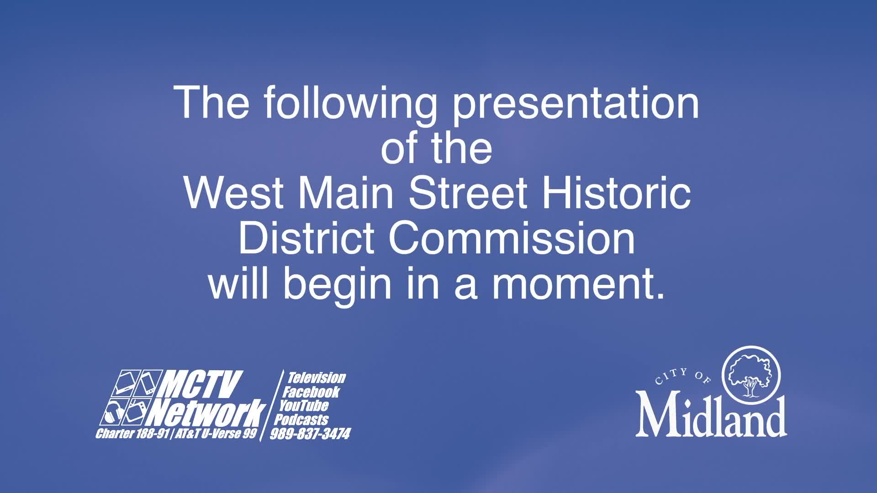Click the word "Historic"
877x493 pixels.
tap(617, 192)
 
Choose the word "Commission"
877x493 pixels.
tap(512, 238)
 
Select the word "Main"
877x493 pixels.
tap(346, 193)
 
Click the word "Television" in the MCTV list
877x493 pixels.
tap(317, 378)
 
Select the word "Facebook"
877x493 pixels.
tap(311, 392)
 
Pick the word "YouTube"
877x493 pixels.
tap(304, 405)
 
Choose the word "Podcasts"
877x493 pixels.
tap(301, 419)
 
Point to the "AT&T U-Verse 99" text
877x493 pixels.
tap(216, 433)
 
